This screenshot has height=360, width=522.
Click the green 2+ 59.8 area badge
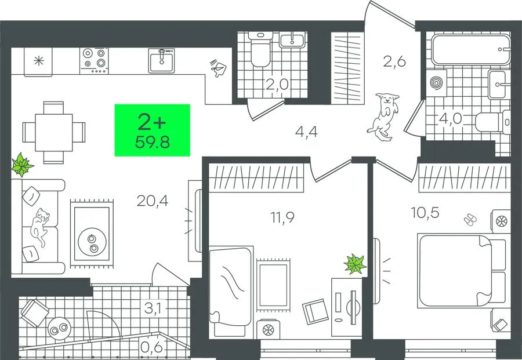coord(152,130)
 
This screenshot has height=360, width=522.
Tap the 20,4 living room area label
coord(153,201)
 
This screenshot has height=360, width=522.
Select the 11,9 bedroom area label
coord(282,217)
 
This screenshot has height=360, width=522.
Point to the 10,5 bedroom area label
coord(426,212)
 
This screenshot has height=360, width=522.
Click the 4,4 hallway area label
coord(306,132)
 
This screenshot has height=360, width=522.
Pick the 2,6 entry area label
coord(394,61)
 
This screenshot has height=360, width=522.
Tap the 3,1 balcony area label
coord(153,309)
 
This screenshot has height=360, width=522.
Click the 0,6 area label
coord(152,348)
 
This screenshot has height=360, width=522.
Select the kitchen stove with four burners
coord(94,60)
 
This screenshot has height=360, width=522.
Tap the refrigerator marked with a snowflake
coord(38,61)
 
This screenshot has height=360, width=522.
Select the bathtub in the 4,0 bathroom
coord(471,50)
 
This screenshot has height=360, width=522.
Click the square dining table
coord(53,132)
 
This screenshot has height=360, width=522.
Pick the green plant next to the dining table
coord(22,165)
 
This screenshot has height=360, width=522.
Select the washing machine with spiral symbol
coord(436,82)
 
